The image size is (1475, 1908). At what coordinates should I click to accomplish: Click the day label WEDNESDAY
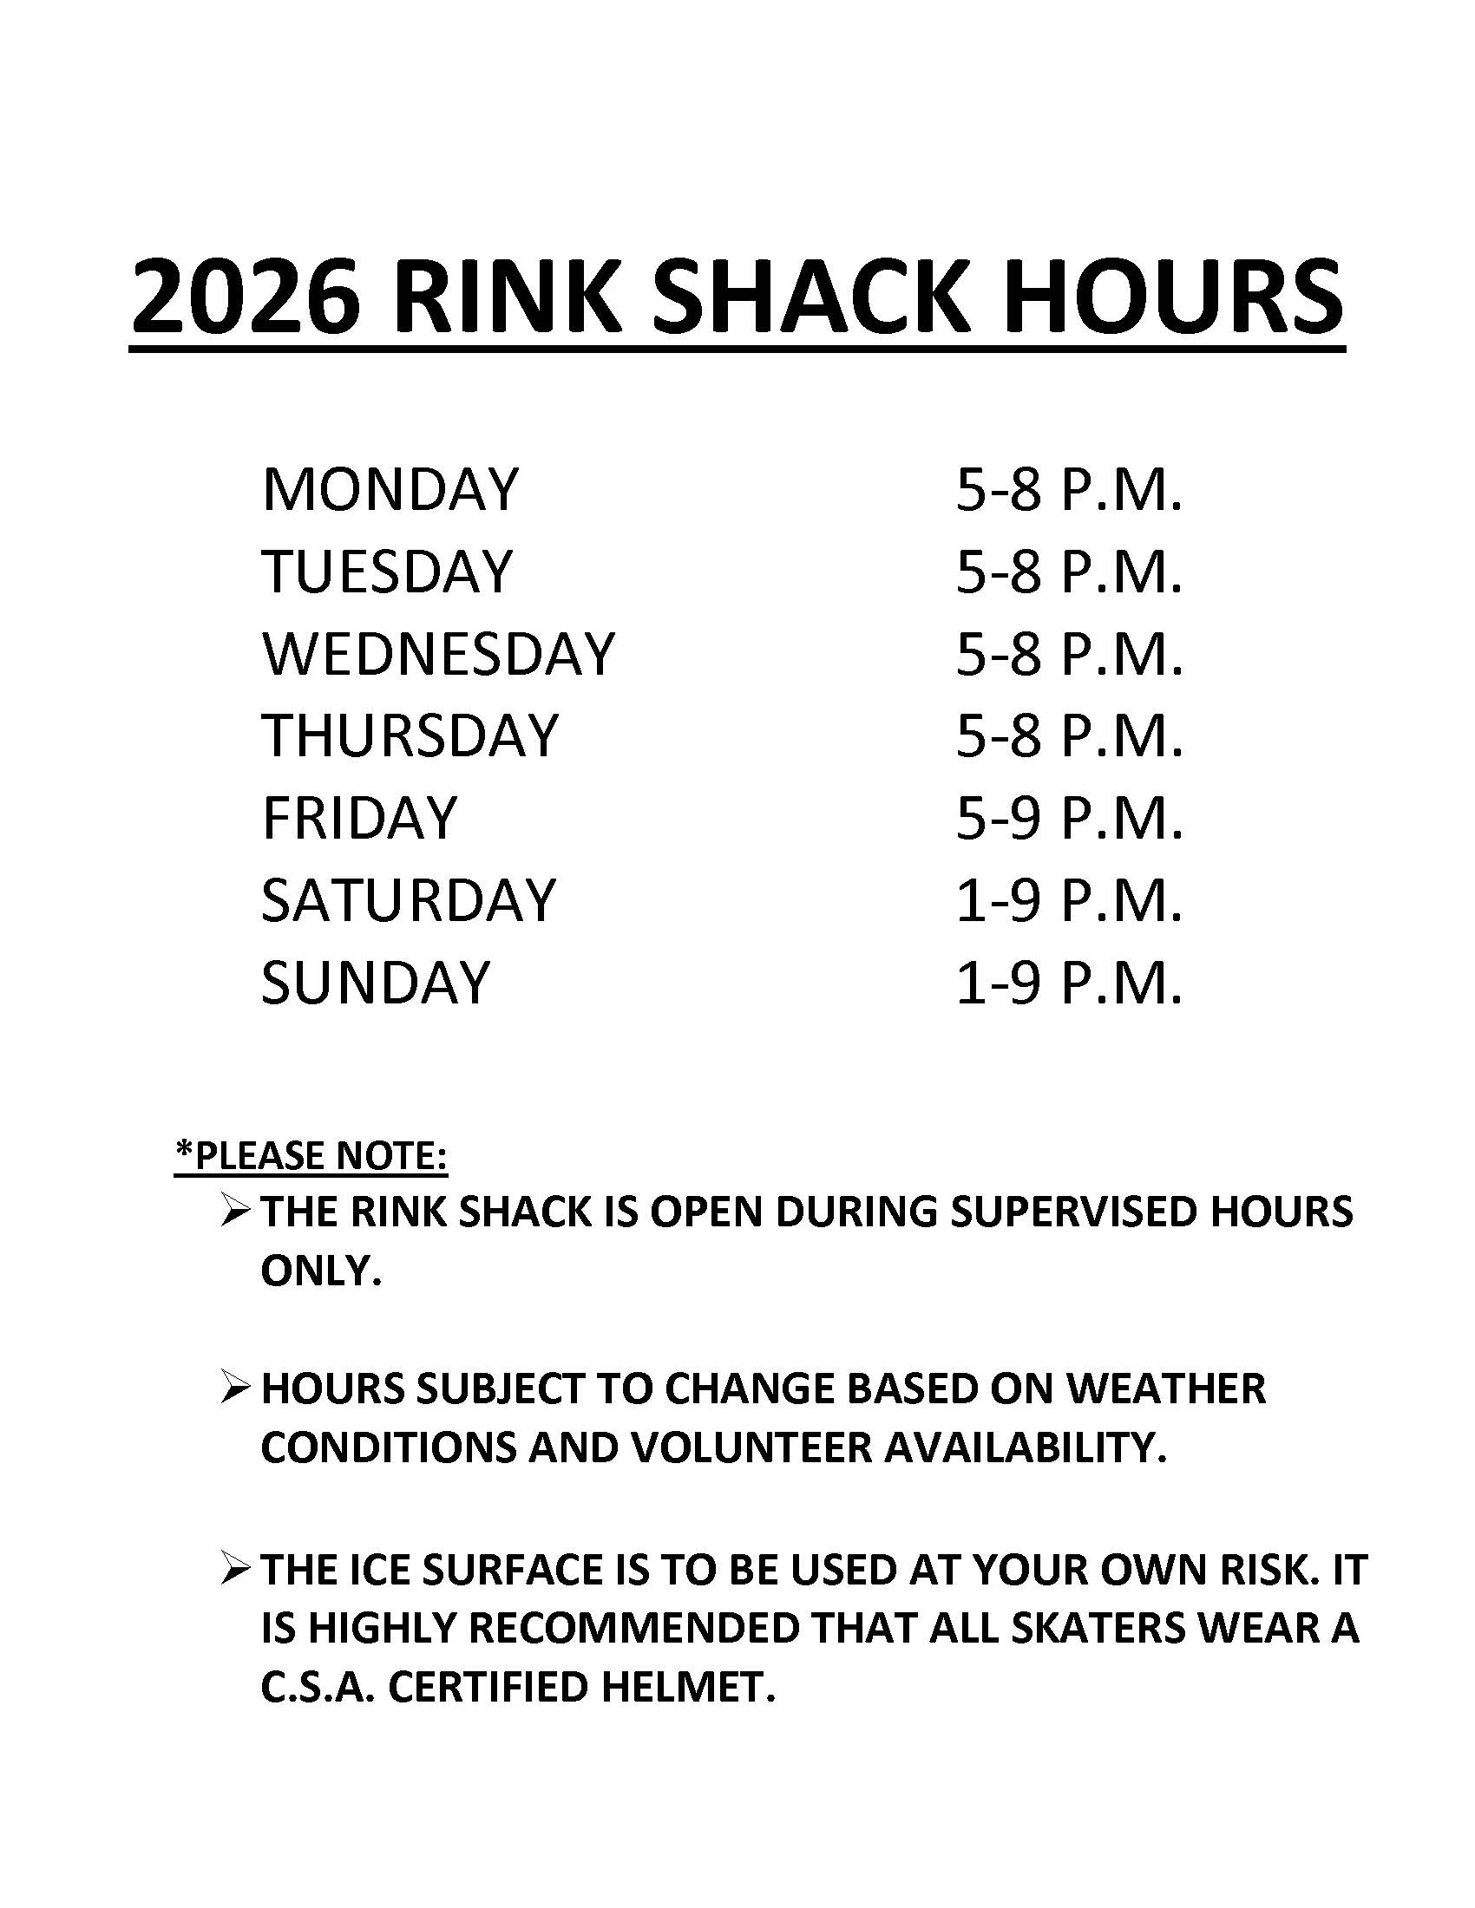[438, 653]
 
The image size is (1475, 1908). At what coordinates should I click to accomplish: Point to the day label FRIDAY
[359, 818]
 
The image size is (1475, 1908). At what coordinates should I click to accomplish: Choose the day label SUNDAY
[376, 982]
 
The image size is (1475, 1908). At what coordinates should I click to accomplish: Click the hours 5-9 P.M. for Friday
[1070, 818]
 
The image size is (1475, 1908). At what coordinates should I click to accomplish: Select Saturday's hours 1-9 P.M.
[1070, 900]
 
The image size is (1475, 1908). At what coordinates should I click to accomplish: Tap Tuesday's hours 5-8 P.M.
[1070, 572]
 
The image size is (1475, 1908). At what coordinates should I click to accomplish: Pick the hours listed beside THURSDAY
[1070, 735]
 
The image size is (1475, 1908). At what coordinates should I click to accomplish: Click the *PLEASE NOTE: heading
[311, 1156]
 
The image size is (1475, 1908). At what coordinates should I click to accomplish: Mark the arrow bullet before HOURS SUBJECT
[236, 1389]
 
